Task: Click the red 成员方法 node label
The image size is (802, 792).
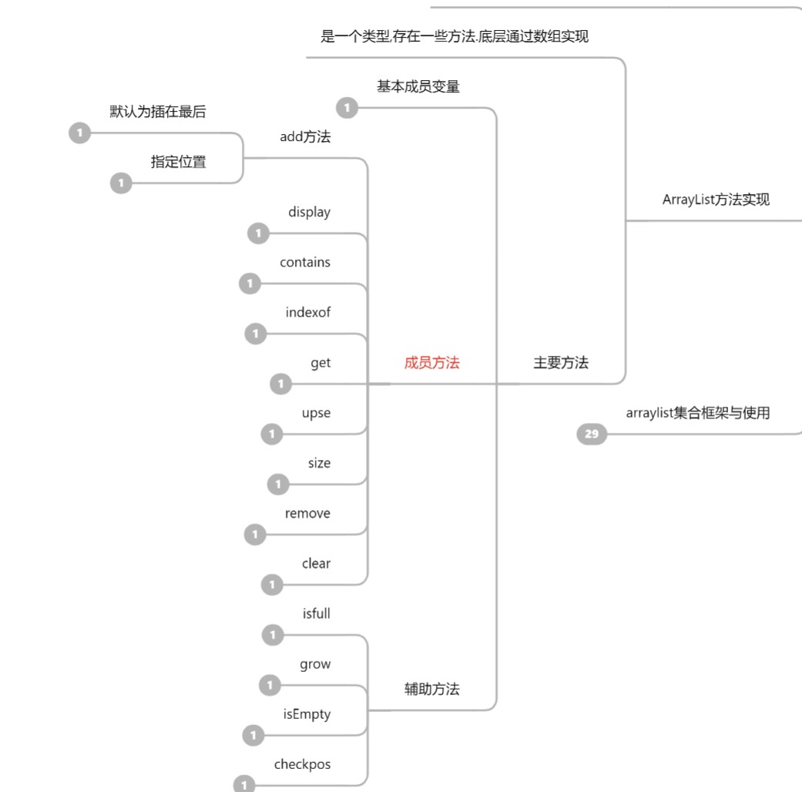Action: click(431, 363)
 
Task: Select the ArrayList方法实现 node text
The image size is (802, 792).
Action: click(716, 200)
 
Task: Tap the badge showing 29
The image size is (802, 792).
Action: click(592, 435)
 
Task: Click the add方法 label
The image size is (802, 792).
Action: click(305, 137)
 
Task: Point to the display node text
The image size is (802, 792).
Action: click(309, 212)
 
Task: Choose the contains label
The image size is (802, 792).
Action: click(305, 262)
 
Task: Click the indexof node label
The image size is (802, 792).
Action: click(308, 312)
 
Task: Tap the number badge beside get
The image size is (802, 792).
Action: click(280, 384)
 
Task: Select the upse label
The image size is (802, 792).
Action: click(316, 413)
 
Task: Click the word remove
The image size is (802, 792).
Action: click(307, 513)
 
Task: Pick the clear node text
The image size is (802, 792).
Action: click(316, 563)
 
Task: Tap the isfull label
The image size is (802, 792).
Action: click(316, 614)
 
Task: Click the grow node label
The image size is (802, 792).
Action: click(315, 664)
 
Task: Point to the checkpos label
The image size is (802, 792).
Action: click(302, 764)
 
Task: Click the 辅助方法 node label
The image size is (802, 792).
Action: click(431, 689)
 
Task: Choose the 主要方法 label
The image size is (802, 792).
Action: click(561, 363)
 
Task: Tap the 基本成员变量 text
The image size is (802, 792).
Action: click(418, 86)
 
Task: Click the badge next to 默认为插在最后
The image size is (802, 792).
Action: click(79, 133)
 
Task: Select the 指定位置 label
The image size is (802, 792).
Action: click(178, 162)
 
